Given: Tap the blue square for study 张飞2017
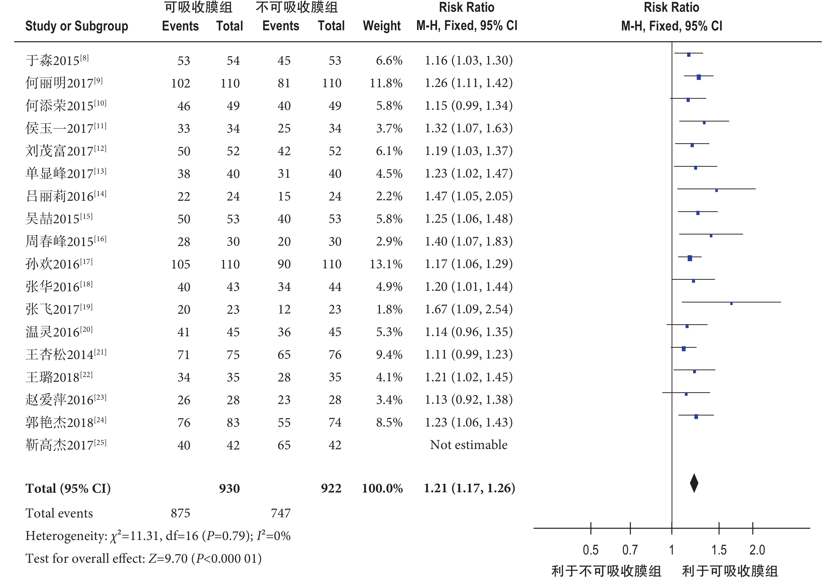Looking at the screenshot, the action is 731,303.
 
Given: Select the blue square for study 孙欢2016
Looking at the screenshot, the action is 690,258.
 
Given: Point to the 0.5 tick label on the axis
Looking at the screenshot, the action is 591,550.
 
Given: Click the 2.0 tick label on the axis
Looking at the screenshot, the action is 757,550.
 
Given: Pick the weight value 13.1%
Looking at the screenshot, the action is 386,264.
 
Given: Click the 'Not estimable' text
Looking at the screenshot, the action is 468,445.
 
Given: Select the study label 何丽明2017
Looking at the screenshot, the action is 64,83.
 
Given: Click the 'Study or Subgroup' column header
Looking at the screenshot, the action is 76,26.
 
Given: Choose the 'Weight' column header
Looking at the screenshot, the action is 382,26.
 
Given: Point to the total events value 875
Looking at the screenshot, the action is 181,513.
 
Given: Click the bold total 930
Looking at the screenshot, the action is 229,488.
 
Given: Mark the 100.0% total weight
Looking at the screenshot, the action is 383,488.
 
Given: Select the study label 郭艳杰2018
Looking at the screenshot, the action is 66,422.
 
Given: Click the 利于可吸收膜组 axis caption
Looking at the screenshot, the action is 730,571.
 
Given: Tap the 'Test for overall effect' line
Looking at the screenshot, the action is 144,558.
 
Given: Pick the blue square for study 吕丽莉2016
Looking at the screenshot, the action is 716,190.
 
